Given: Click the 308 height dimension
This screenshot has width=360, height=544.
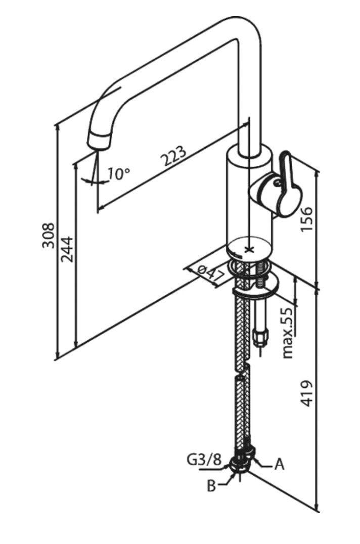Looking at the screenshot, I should point(48,235).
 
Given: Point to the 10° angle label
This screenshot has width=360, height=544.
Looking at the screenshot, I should point(119,174).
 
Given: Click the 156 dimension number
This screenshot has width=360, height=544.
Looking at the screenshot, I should point(307,218).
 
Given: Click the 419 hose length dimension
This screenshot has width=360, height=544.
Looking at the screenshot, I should point(307,393).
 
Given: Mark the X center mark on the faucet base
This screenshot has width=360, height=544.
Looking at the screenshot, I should point(248,249).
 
